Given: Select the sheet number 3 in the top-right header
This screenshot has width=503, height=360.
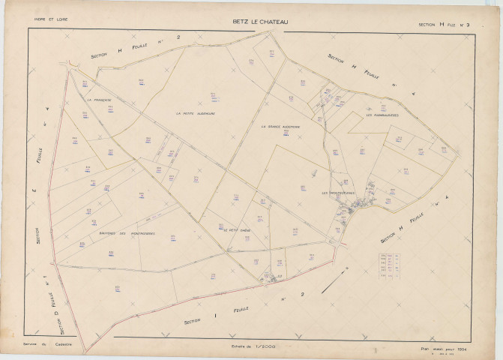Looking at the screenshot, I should [x=466, y=24].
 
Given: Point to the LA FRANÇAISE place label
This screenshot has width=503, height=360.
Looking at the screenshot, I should [x=98, y=99].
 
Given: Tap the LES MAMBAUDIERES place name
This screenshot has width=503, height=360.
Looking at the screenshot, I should [x=382, y=115].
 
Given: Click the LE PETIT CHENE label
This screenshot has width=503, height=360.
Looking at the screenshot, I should [x=235, y=230].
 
